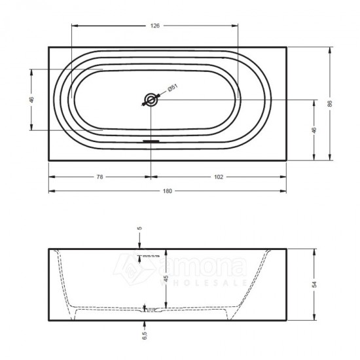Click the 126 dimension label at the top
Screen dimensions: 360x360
(x=155, y=26)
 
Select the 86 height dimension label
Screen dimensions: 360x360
(x=330, y=103)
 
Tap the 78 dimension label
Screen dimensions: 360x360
(x=100, y=177)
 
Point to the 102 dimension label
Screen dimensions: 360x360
(x=219, y=177)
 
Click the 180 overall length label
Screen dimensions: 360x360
(x=168, y=191)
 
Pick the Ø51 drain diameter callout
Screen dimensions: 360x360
(x=173, y=88)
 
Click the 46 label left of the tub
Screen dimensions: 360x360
(x=31, y=99)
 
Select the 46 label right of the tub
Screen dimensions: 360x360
(x=314, y=130)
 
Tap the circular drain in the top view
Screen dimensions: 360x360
(x=151, y=100)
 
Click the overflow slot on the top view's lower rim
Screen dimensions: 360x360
(x=151, y=141)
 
